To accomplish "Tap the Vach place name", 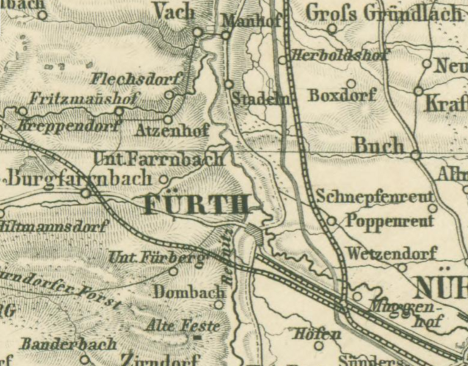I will (174, 10).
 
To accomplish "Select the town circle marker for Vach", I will (198, 32).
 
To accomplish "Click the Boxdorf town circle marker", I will (351, 84).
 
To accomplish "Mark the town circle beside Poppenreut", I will (332, 221).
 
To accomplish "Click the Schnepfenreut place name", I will (375, 196).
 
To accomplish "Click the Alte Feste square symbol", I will (197, 337).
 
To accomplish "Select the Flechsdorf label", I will (137, 79).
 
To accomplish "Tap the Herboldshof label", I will (339, 55).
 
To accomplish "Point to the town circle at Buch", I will (415, 155).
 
